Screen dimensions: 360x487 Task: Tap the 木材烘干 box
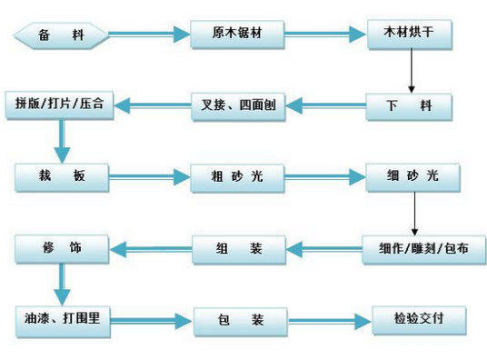(411, 35)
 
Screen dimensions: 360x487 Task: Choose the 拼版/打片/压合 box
(60, 105)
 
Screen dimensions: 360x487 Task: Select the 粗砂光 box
(237, 175)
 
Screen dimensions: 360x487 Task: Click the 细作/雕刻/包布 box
(417, 246)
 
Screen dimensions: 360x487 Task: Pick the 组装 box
(239, 245)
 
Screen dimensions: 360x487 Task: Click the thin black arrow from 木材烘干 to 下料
(412, 71)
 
